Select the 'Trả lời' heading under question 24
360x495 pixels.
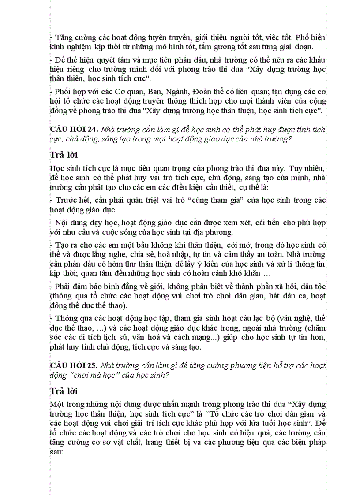64,155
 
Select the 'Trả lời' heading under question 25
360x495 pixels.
64,391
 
